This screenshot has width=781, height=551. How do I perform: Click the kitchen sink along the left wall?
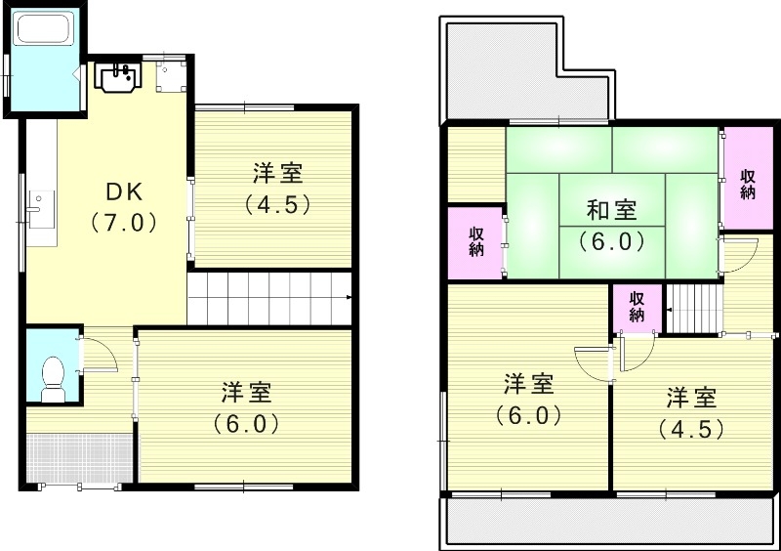(38, 209)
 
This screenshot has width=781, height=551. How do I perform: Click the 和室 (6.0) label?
(611, 224)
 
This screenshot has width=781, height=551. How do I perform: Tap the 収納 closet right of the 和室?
(747, 183)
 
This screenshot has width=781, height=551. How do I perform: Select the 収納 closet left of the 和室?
(475, 240)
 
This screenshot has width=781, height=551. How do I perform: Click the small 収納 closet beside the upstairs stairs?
(636, 307)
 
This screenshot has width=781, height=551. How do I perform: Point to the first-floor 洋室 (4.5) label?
(277, 190)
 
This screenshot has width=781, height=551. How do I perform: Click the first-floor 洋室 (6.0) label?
(246, 407)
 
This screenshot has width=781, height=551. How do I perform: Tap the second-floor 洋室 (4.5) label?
(692, 412)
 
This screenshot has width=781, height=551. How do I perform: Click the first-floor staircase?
(268, 297)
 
